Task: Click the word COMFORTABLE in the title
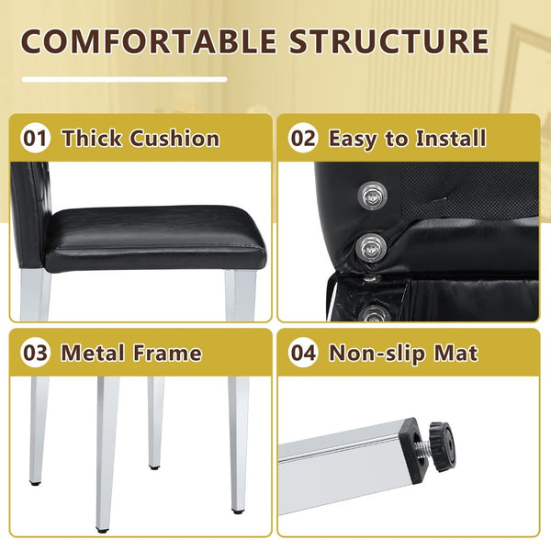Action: click(149, 41)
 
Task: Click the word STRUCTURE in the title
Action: click(389, 41)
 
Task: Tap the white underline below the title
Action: click(124, 79)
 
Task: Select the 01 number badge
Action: click(35, 138)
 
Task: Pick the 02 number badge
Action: click(304, 138)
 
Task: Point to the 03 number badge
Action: click(35, 353)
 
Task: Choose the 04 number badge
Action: click(304, 353)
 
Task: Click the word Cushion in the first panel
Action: click(174, 138)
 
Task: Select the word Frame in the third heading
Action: click(167, 353)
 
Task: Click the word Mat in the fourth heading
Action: click(455, 353)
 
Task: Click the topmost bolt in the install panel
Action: click(372, 196)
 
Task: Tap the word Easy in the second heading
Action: click(354, 140)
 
